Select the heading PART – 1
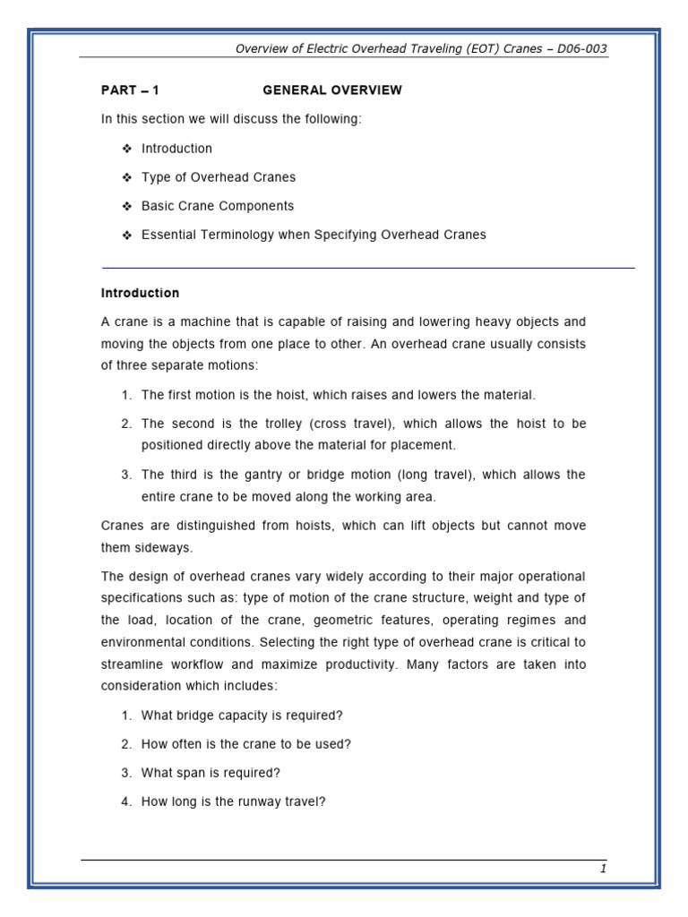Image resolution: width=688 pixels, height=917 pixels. [x=130, y=90]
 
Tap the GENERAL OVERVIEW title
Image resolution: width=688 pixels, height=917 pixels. [x=332, y=90]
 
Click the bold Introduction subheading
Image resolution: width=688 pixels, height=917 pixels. [x=140, y=293]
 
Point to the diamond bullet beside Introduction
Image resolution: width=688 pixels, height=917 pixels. [x=126, y=149]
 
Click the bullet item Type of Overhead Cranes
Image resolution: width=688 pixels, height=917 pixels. [x=219, y=177]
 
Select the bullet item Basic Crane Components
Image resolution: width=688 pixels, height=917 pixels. [x=218, y=206]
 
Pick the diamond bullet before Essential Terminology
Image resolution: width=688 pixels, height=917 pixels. [x=126, y=235]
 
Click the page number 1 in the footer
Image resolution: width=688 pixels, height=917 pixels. [x=603, y=869]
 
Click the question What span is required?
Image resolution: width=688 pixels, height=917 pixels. [x=211, y=773]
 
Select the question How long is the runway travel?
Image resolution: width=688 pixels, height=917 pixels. [x=233, y=801]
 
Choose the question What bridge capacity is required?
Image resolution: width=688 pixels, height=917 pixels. [x=242, y=716]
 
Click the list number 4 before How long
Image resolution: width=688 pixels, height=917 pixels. [x=125, y=801]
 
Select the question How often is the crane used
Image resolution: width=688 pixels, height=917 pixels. [x=245, y=744]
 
